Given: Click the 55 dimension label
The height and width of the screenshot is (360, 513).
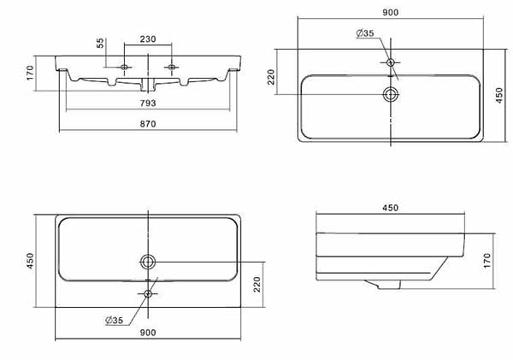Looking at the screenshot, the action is tap(100, 43).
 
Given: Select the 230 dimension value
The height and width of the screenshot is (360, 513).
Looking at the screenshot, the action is tap(148, 39).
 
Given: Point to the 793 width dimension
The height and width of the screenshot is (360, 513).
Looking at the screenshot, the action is tap(148, 103).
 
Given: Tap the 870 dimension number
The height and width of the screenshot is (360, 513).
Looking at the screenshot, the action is tap(148, 124).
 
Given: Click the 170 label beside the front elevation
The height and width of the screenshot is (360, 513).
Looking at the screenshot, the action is tap(30, 73).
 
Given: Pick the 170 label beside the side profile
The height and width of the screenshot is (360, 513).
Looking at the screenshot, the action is tap(486, 261).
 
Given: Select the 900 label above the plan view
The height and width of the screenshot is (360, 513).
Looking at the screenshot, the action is tap(391, 13).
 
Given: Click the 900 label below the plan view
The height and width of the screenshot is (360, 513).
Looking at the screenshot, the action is tap(148, 333).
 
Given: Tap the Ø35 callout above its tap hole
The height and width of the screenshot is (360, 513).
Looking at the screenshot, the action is tap(365, 33).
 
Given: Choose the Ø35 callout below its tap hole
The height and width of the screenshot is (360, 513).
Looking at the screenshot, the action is tap(115, 320).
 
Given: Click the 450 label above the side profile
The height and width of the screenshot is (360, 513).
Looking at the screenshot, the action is tap(391, 208).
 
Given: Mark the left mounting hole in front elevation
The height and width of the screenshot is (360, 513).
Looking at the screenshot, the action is tap(124, 67).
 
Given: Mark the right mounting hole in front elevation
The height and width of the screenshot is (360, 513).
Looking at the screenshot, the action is tap(172, 67).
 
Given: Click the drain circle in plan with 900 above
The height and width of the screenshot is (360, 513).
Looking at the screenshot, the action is tap(391, 95).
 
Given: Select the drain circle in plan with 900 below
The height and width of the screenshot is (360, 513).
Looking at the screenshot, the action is tap(148, 262).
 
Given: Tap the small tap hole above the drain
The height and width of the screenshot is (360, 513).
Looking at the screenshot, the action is tap(391, 62).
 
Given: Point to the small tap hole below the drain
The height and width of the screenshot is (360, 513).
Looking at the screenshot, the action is tap(148, 293).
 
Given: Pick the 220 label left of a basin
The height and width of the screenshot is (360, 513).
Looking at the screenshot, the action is tap(271, 77).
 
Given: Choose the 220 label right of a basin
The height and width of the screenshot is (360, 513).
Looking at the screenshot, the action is tap(257, 284).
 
